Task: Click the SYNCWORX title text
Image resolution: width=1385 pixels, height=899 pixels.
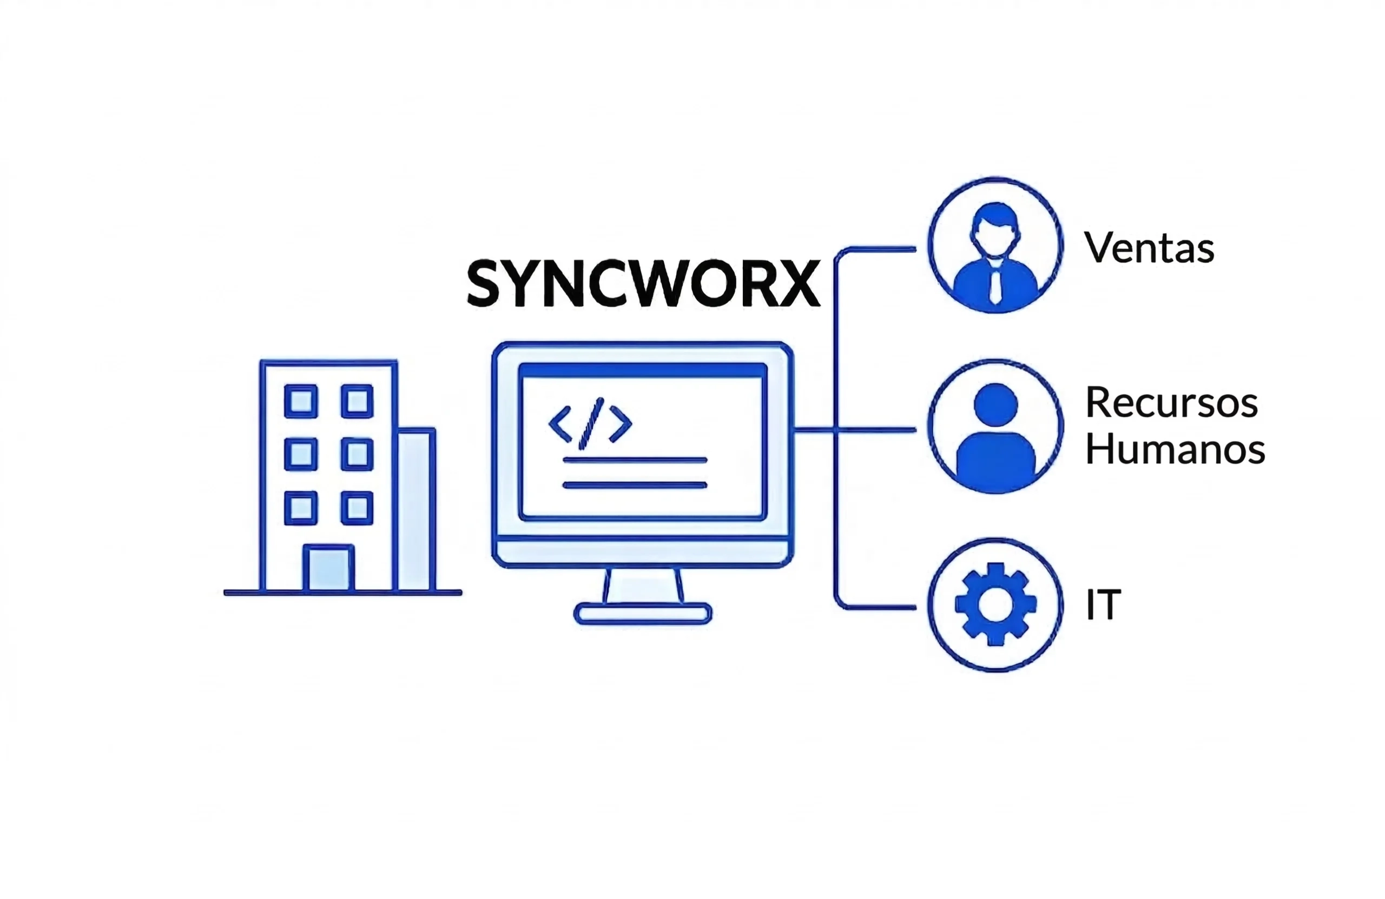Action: [643, 283]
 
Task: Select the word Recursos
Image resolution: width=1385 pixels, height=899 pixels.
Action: [1171, 402]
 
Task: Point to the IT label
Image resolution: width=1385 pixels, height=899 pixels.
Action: [1103, 605]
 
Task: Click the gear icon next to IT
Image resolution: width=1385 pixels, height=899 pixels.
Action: [995, 604]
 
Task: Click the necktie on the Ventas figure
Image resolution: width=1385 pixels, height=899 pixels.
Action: [995, 285]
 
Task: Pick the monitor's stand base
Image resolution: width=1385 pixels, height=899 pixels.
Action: [642, 614]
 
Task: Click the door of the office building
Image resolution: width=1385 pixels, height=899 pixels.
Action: [329, 568]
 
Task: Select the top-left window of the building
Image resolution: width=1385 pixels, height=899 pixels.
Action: [301, 401]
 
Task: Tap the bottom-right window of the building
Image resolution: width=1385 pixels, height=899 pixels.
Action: [357, 508]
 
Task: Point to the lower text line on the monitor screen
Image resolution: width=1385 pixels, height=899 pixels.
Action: [634, 485]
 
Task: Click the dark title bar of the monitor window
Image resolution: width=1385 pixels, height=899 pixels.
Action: [642, 370]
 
